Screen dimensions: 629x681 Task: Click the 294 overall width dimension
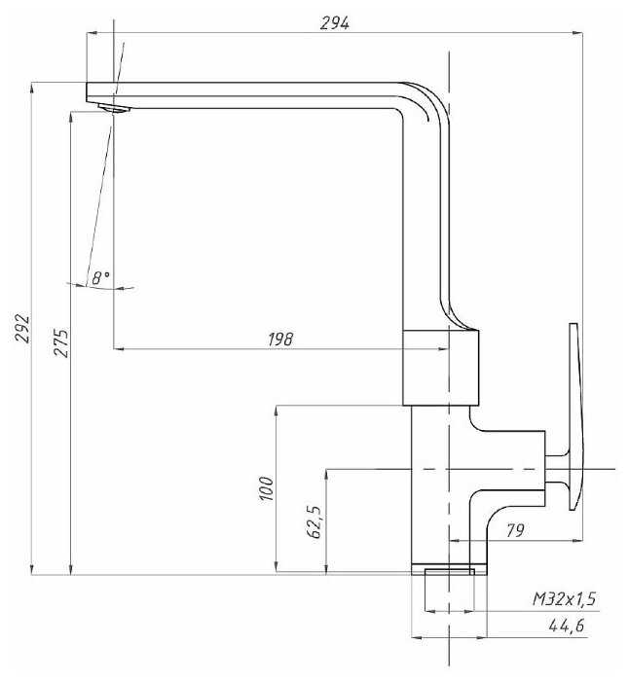click(334, 23)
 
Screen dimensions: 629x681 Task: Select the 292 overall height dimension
click(22, 329)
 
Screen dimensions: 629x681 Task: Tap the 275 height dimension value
click(61, 342)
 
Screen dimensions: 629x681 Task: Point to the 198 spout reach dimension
click(280, 340)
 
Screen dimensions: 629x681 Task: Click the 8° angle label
click(100, 277)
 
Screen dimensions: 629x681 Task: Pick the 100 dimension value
click(266, 488)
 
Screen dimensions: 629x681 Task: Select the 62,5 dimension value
click(314, 521)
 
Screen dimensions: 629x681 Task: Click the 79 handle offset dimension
click(515, 530)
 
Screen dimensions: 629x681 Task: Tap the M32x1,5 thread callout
click(564, 599)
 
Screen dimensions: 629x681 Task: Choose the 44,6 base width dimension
click(567, 626)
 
